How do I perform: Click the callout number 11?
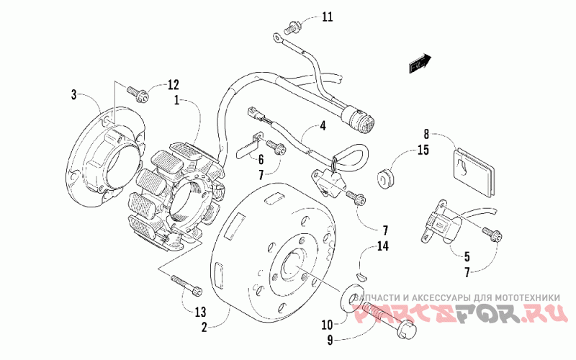point(328,17)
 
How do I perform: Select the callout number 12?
point(173,85)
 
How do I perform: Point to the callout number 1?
point(176,101)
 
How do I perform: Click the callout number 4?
point(323,126)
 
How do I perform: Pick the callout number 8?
point(426,134)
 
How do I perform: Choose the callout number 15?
point(424,150)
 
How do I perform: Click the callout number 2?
point(204,328)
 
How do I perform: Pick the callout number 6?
point(261,158)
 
